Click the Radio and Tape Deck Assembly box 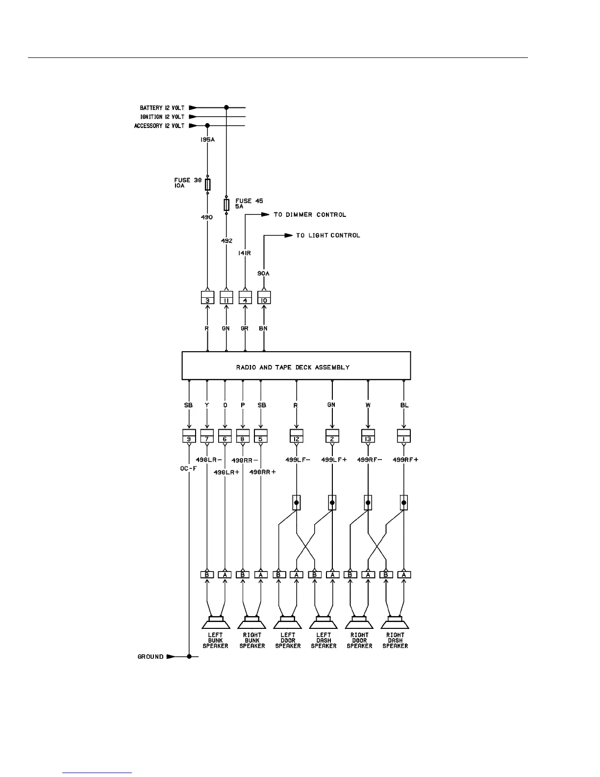[296, 366]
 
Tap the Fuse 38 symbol [207, 184]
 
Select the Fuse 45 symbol [226, 204]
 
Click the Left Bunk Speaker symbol [216, 622]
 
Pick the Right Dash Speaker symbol [395, 622]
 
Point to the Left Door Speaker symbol [288, 622]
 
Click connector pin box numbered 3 [207, 298]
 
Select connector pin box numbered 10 [264, 298]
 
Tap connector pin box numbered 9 [189, 436]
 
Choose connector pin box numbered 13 [368, 436]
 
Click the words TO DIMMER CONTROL [310, 215]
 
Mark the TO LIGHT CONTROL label [328, 235]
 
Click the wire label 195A [207, 140]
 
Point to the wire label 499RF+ [405, 460]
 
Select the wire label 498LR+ [226, 472]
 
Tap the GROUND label [150, 657]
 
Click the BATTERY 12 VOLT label [162, 108]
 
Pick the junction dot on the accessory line [207, 126]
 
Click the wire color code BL [404, 405]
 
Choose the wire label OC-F [188, 468]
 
